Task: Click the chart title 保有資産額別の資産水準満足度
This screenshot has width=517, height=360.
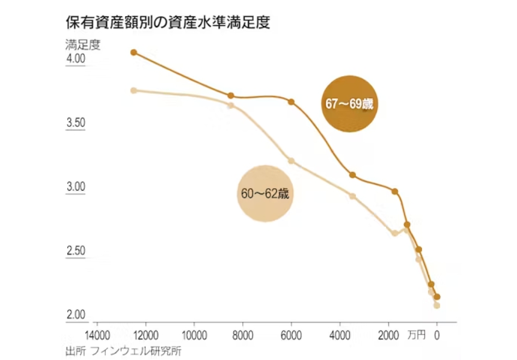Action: click(168, 23)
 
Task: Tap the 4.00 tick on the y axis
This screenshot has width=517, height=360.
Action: click(76, 59)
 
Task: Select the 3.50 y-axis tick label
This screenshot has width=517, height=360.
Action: click(76, 123)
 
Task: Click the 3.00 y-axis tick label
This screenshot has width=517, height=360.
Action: click(76, 187)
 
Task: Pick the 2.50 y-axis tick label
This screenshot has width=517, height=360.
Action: click(76, 251)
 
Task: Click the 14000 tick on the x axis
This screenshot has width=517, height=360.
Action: click(98, 334)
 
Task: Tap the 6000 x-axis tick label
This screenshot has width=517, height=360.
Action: click(292, 334)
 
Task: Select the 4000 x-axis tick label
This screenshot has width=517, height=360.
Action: click(340, 334)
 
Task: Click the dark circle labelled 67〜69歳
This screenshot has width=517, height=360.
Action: click(350, 103)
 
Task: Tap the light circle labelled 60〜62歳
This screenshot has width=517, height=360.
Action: click(265, 194)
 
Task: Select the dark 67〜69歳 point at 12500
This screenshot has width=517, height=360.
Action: click(134, 52)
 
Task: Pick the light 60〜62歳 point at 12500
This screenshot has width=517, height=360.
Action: click(134, 90)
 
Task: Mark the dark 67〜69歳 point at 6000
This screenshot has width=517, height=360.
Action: click(292, 102)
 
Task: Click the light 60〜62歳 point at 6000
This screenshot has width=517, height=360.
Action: click(292, 160)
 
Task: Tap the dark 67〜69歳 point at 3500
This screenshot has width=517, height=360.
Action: click(352, 175)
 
